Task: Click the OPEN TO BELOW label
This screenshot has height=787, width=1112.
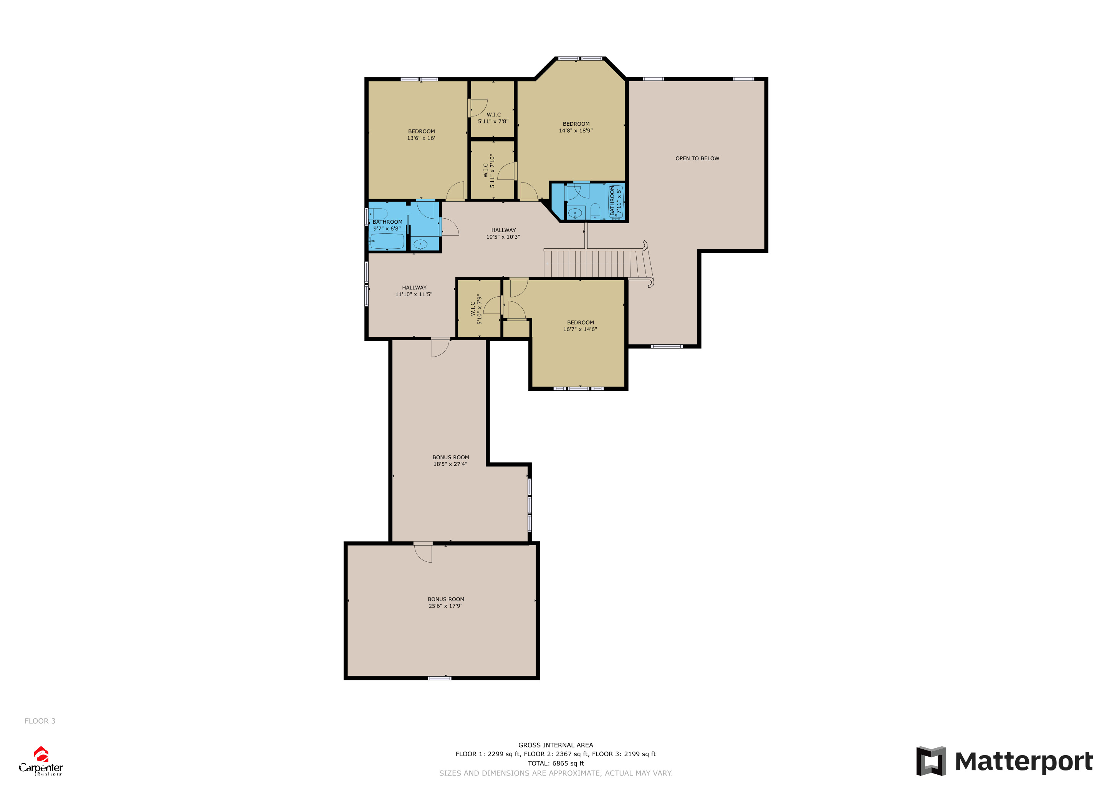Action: (697, 158)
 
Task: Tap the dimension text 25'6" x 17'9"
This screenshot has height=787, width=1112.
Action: (445, 606)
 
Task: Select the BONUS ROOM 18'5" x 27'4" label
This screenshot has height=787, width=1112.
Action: (450, 460)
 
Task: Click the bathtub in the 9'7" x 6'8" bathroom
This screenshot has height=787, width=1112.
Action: (387, 241)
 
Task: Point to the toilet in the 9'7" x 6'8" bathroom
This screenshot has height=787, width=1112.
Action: (379, 213)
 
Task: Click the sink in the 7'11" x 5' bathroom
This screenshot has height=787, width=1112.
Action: (575, 213)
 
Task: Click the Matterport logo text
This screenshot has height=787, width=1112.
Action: (1023, 761)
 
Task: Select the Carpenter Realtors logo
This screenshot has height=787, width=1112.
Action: (41, 761)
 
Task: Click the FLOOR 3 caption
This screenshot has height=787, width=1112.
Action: (40, 721)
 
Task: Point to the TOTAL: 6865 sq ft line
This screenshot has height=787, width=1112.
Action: (556, 763)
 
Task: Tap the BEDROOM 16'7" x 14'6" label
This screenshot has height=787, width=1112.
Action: (580, 325)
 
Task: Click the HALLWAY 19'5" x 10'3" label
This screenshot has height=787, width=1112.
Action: (503, 234)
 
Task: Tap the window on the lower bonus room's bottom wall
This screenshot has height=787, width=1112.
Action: (440, 678)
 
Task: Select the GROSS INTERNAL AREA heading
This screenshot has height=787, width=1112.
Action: (556, 745)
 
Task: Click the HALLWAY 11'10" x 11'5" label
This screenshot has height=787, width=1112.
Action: (414, 291)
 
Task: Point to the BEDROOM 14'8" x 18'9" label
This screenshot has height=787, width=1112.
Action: (576, 127)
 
